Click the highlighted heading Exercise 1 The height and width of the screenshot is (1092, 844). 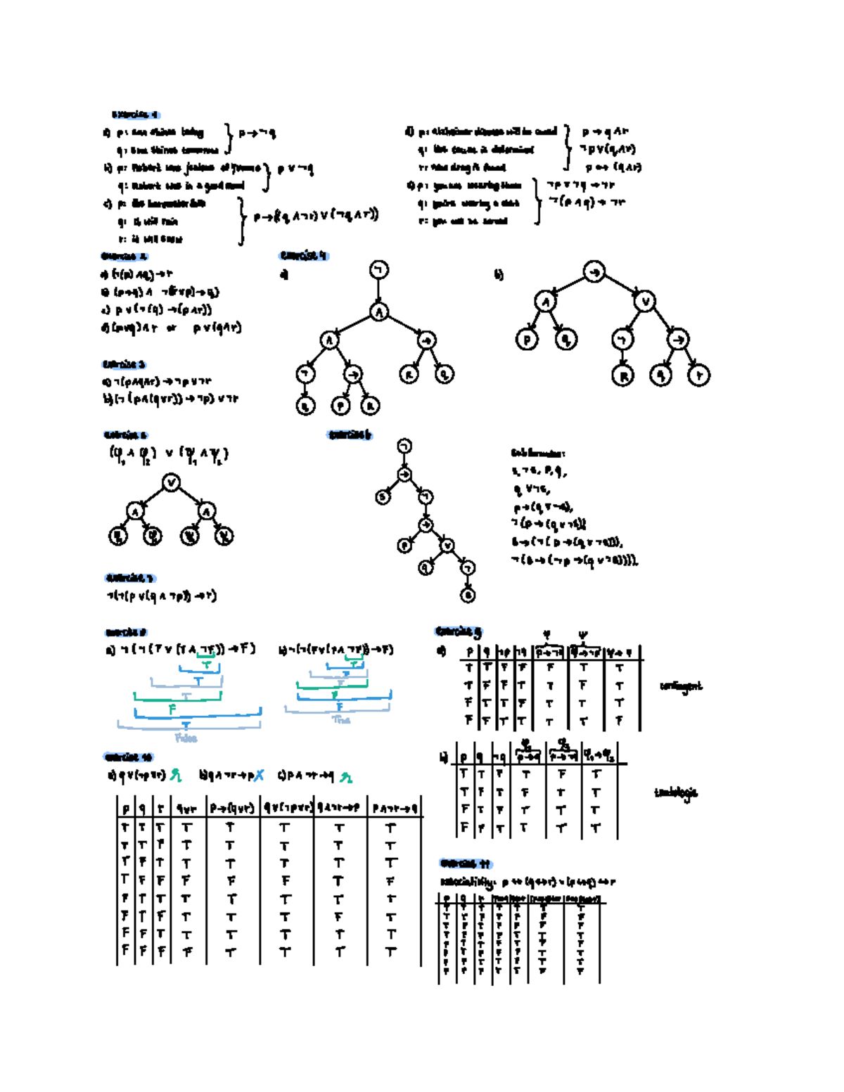tap(135, 114)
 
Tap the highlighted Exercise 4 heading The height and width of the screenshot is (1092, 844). tap(303, 255)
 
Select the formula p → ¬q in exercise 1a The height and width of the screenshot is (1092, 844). tap(257, 132)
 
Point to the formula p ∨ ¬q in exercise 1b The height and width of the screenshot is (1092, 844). tap(295, 169)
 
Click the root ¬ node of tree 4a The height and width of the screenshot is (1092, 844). tap(379, 270)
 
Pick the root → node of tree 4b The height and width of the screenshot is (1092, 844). tap(594, 272)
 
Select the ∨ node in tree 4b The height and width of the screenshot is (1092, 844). tap(645, 302)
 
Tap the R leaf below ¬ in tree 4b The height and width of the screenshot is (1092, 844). tap(622, 375)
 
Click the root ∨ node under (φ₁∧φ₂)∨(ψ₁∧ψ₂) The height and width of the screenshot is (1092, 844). tap(171, 482)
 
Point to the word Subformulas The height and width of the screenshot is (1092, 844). tap(538, 454)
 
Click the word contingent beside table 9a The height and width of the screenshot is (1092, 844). tap(681, 686)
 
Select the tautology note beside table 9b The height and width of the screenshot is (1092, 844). tap(676, 792)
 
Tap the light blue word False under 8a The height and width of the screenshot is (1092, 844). tap(186, 738)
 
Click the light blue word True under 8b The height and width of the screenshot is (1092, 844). tap(341, 720)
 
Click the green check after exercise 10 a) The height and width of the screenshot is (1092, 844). tap(175, 776)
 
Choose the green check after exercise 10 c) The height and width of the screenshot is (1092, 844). tap(345, 777)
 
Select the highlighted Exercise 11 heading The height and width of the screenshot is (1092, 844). tap(464, 863)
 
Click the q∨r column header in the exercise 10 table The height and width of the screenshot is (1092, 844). tap(186, 809)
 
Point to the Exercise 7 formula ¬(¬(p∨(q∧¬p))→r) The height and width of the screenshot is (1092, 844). tap(162, 596)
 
